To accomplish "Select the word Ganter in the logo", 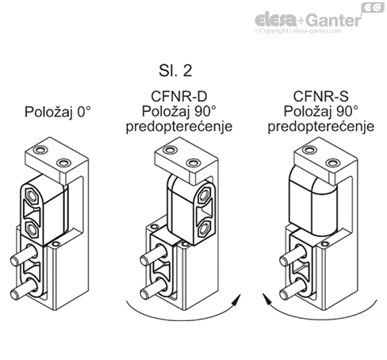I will (327, 19).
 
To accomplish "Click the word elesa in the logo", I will (274, 19).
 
